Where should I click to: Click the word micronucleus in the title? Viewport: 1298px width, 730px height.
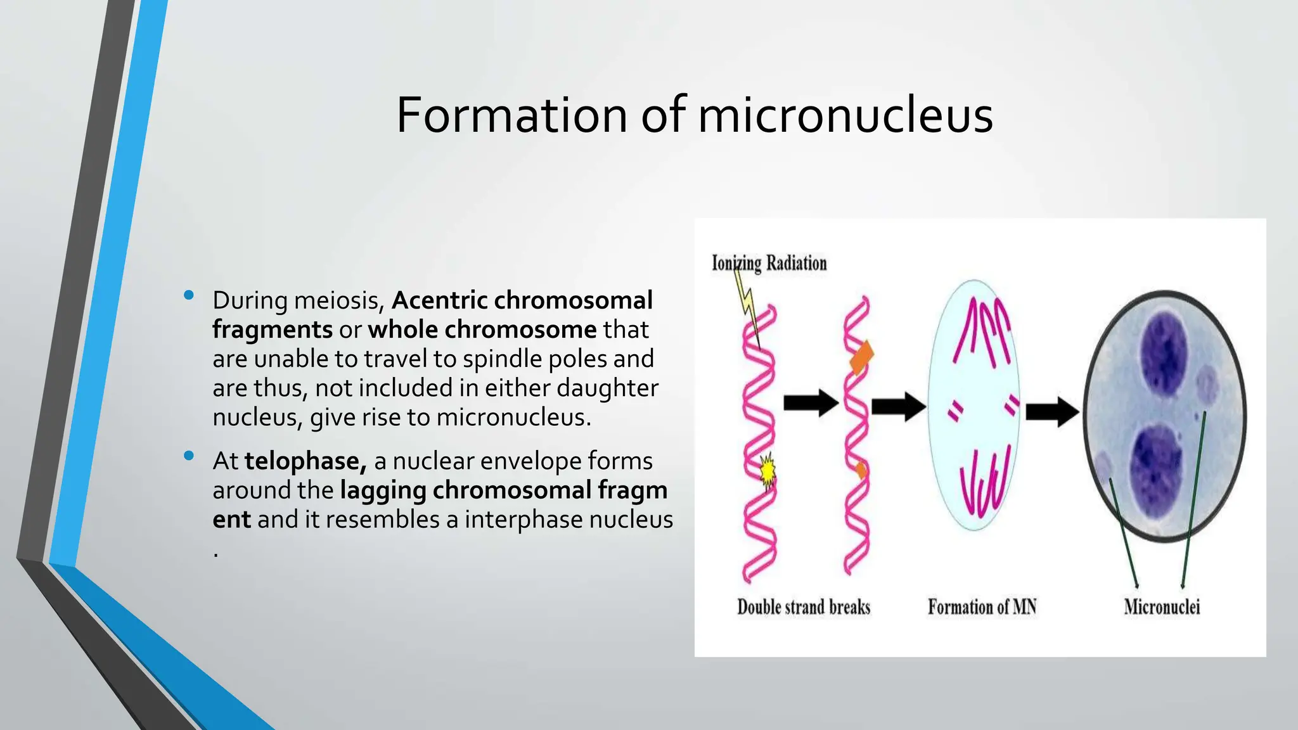click(845, 115)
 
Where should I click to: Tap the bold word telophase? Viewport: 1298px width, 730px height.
click(305, 461)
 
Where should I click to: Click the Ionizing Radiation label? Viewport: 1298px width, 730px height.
click(769, 262)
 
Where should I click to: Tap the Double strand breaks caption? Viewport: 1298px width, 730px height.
click(803, 607)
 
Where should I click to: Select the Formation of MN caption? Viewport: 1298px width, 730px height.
click(982, 607)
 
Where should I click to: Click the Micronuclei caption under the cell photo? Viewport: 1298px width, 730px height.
click(1162, 607)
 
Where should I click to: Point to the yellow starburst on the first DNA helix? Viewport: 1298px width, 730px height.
click(768, 470)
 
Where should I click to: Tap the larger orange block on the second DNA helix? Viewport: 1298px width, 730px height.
click(861, 357)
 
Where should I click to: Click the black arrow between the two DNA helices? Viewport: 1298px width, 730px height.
click(811, 403)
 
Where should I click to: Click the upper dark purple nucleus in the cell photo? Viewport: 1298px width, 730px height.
click(1164, 352)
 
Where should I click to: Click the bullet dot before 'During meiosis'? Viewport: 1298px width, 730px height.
click(188, 295)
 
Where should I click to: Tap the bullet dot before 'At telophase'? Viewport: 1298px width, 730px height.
click(188, 456)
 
